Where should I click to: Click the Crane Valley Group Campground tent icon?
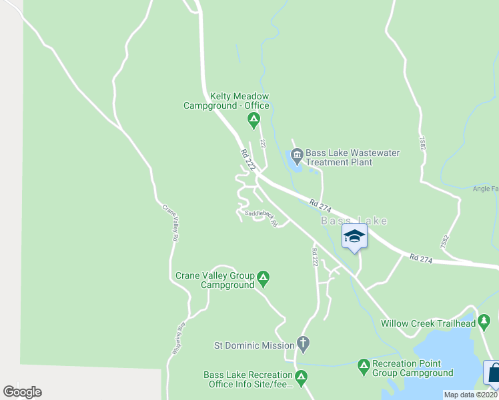point(263,277)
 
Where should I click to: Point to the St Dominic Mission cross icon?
point(303,345)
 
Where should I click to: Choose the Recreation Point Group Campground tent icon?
point(364,365)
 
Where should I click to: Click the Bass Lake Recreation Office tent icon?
point(301,376)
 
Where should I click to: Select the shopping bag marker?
point(494,373)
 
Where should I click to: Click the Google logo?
point(22,392)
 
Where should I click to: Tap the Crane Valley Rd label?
point(170,223)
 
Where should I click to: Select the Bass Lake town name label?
point(354,221)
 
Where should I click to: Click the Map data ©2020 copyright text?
point(471,395)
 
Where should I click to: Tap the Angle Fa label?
point(485,189)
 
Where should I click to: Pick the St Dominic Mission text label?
point(254,345)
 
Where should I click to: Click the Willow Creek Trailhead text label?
point(428,323)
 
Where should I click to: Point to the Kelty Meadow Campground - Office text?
point(226,101)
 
